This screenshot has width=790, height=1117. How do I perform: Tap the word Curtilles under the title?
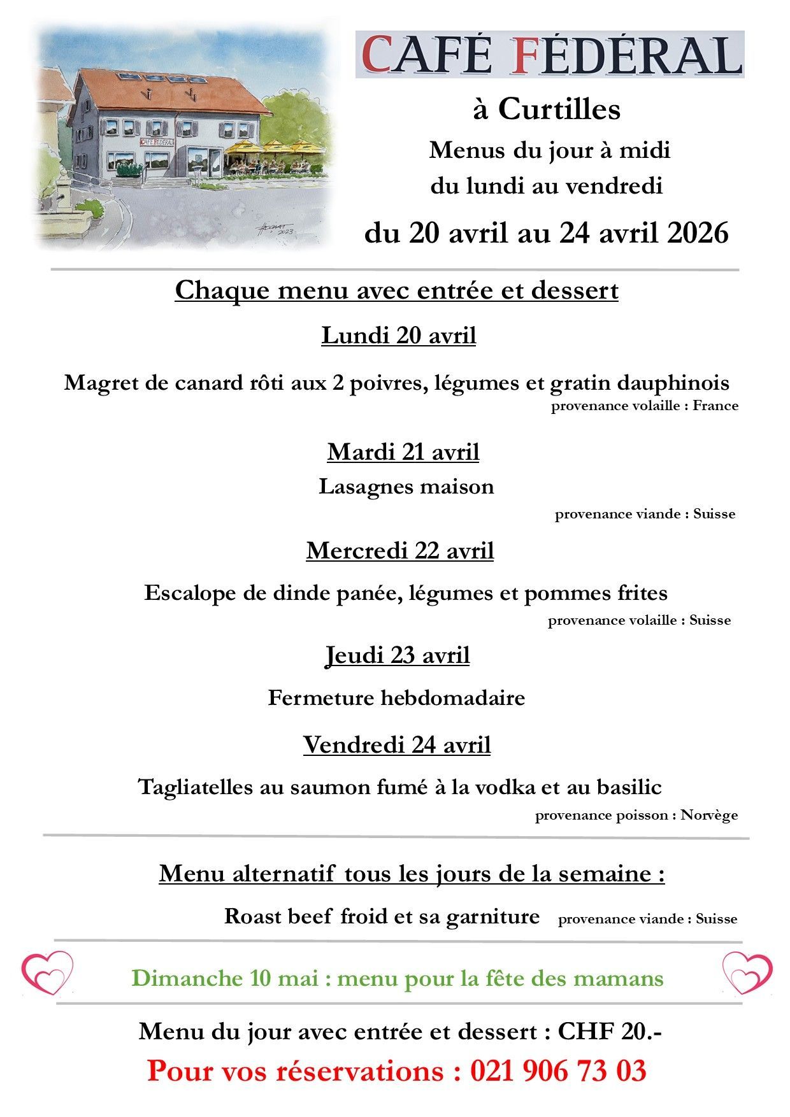pyautogui.click(x=559, y=109)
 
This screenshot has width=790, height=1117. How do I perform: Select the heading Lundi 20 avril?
pyautogui.click(x=398, y=335)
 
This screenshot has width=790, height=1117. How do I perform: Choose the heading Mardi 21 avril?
pyautogui.click(x=403, y=452)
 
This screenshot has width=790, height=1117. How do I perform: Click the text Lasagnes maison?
pyautogui.click(x=406, y=487)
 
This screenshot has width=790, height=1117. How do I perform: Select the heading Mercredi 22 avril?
pyautogui.click(x=399, y=550)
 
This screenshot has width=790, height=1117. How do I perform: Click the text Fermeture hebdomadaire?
pyautogui.click(x=396, y=697)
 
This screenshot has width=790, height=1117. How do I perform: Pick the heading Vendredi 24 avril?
pyautogui.click(x=396, y=744)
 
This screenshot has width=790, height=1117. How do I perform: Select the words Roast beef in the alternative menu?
pyautogui.click(x=278, y=916)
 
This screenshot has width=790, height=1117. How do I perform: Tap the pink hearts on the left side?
pyautogui.click(x=47, y=972)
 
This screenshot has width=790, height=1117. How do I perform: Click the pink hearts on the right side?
pyautogui.click(x=747, y=972)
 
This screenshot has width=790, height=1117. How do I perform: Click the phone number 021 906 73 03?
pyautogui.click(x=558, y=1071)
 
